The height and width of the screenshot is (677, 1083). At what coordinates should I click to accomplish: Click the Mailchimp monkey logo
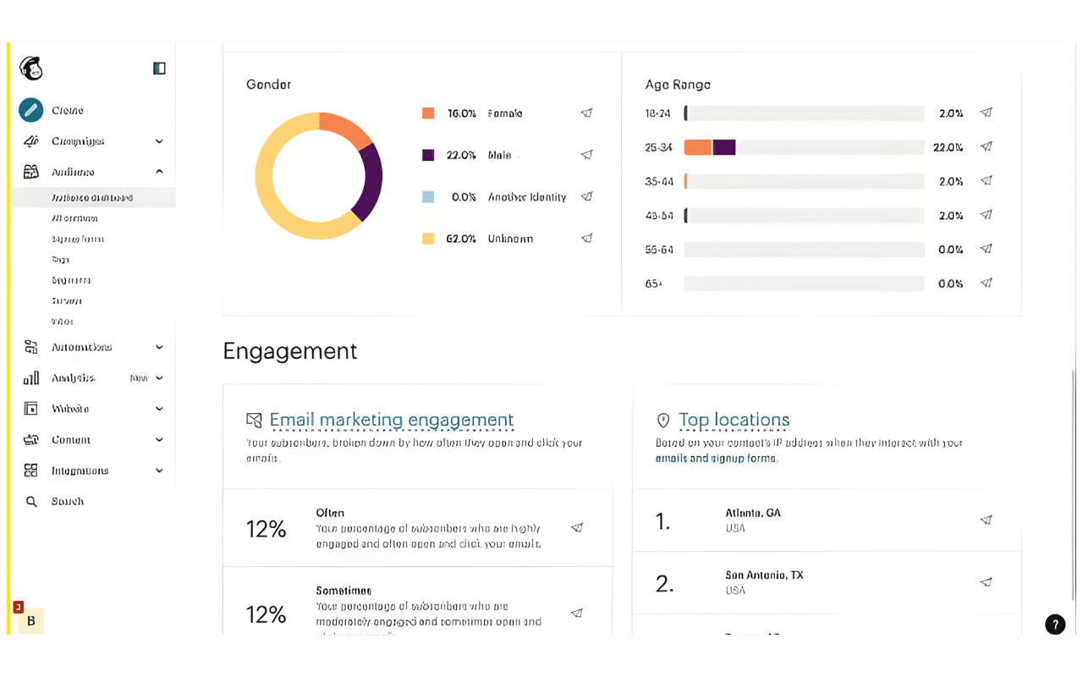coord(31,69)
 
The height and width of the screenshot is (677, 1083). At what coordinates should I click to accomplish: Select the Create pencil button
coord(31,110)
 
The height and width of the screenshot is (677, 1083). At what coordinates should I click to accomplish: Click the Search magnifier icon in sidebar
coord(31,502)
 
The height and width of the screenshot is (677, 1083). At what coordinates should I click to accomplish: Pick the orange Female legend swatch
coord(428,113)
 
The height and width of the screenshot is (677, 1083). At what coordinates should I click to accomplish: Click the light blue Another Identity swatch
coord(428,197)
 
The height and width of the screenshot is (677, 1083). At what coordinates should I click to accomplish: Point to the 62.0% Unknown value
coord(461,239)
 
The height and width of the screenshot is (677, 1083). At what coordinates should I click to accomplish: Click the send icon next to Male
coord(586,155)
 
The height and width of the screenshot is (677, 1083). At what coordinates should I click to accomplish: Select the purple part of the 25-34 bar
coord(724,147)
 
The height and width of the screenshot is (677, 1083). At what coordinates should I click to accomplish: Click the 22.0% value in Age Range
coord(948,147)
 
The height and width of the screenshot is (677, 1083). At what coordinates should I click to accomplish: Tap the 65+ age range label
coord(653,283)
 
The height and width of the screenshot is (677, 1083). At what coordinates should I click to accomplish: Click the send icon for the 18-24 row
coord(986,113)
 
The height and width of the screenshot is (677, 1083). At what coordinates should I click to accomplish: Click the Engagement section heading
coord(290,351)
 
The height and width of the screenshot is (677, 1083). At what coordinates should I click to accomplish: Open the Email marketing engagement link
coord(392,420)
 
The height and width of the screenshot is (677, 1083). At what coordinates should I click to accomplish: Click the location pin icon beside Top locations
coord(663,421)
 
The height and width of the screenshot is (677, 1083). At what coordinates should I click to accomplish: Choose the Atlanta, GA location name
coord(753,513)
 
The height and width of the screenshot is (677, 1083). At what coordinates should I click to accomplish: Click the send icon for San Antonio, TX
coord(986,582)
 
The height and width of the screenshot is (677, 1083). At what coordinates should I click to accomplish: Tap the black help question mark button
coord(1055,625)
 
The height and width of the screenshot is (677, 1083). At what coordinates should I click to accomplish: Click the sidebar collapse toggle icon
coord(159,69)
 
